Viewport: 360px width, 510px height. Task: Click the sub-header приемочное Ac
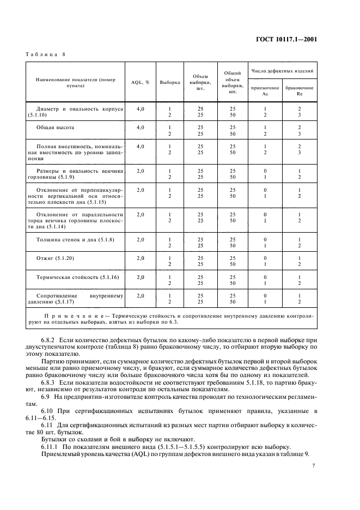point(265,90)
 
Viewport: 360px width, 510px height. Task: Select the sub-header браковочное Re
point(300,90)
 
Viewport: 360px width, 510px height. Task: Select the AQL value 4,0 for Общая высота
point(140,127)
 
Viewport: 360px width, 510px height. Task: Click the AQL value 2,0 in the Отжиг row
point(140,258)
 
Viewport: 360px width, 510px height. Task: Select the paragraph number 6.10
point(47,410)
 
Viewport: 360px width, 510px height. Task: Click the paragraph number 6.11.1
point(50,446)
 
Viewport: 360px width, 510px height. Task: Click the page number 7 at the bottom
point(314,466)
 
